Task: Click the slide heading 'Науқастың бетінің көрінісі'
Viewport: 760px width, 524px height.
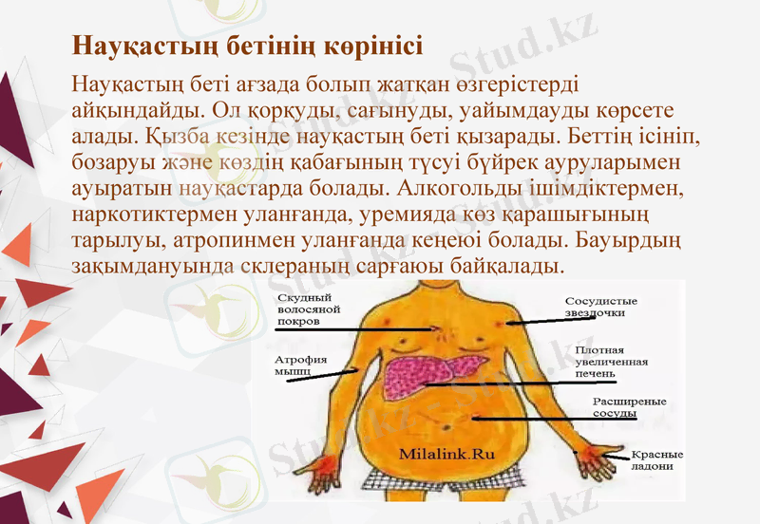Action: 248,46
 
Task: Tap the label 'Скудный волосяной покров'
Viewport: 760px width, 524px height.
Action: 309,309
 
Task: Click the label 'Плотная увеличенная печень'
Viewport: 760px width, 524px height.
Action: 612,361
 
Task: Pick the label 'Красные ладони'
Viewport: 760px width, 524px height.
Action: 656,459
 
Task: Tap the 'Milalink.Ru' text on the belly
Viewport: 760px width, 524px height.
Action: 447,453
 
